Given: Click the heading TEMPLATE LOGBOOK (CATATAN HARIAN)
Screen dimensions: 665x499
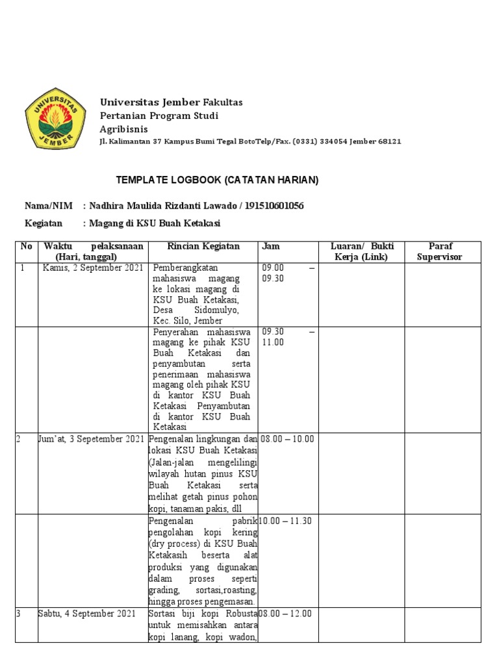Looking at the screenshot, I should (217, 180).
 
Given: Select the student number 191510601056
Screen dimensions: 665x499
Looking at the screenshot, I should (273, 206).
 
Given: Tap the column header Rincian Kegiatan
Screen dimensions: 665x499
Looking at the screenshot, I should (203, 247).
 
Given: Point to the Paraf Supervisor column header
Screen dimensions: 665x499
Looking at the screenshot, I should (444, 251).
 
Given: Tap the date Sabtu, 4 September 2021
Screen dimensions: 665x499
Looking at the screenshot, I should (87, 614).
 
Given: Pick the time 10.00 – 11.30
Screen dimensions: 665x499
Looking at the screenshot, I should (285, 521).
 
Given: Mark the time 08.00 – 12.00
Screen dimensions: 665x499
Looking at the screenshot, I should (285, 614).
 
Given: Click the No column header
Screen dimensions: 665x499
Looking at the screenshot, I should (26, 247).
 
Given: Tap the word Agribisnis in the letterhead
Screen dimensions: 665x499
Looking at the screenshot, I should (123, 129).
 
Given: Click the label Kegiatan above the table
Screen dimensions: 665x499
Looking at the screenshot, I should (43, 223).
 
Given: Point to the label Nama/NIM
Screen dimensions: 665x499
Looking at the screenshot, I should (47, 206).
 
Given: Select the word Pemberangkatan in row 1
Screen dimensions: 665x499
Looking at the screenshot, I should (185, 268).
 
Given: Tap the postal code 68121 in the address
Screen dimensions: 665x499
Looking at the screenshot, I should (389, 142).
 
